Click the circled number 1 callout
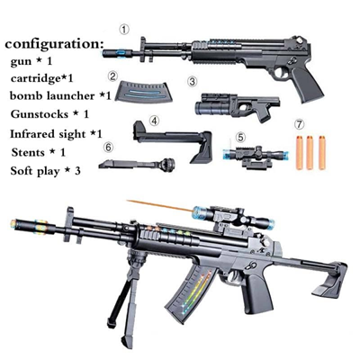click(x=124, y=30)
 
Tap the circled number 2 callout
click(x=112, y=76)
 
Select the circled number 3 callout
click(x=193, y=82)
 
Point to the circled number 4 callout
click(x=154, y=121)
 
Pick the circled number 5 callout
click(x=240, y=138)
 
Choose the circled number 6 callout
click(x=109, y=147)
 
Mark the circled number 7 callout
click(x=299, y=124)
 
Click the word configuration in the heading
click(x=54, y=44)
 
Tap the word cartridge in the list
click(x=35, y=78)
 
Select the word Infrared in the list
click(x=29, y=133)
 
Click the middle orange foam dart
click(x=310, y=152)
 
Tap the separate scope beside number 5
click(x=254, y=155)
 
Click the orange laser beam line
click(x=160, y=206)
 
